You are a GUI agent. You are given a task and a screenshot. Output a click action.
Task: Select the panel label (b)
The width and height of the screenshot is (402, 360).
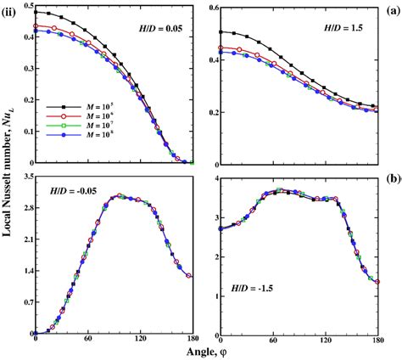click(x=394, y=180)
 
